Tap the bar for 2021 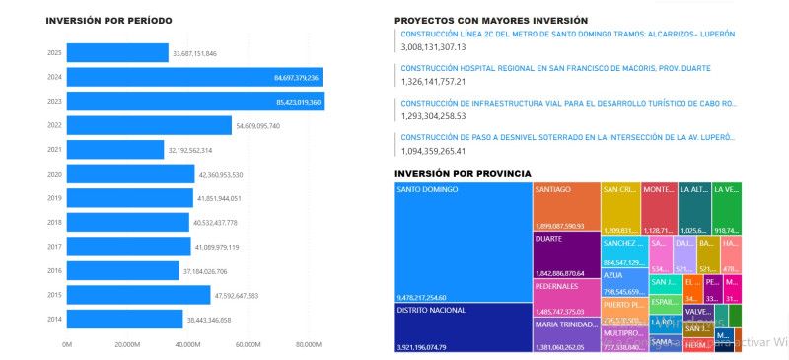pos(115,149)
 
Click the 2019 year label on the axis pos(54,198)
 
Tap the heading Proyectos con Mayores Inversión pos(490,20)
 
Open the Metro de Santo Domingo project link pos(567,34)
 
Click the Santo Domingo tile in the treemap pos(462,242)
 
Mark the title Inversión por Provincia pos(463,173)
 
